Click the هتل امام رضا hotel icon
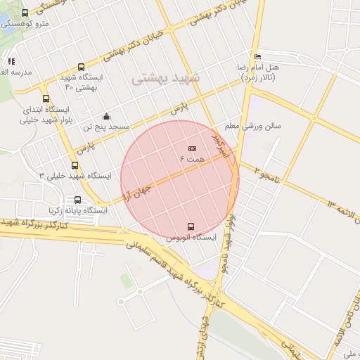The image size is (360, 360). coord(257,57)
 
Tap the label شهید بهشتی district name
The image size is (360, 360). coord(166,78)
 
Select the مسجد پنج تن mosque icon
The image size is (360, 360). coord(106,116)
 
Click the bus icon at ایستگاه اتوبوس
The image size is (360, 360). coord(191,226)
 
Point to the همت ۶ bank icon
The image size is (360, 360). coord(193,148)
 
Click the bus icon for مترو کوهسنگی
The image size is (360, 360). coord(25,13)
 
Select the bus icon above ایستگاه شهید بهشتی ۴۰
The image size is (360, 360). coord(82,67)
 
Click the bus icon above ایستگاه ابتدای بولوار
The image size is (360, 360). coord(46,99)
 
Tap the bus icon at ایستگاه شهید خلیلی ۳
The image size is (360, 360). coord(75,165)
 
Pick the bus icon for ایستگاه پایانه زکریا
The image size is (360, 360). coord(77,200)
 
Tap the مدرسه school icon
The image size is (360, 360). coord(11,61)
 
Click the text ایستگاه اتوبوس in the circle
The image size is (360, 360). coord(190,238)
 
